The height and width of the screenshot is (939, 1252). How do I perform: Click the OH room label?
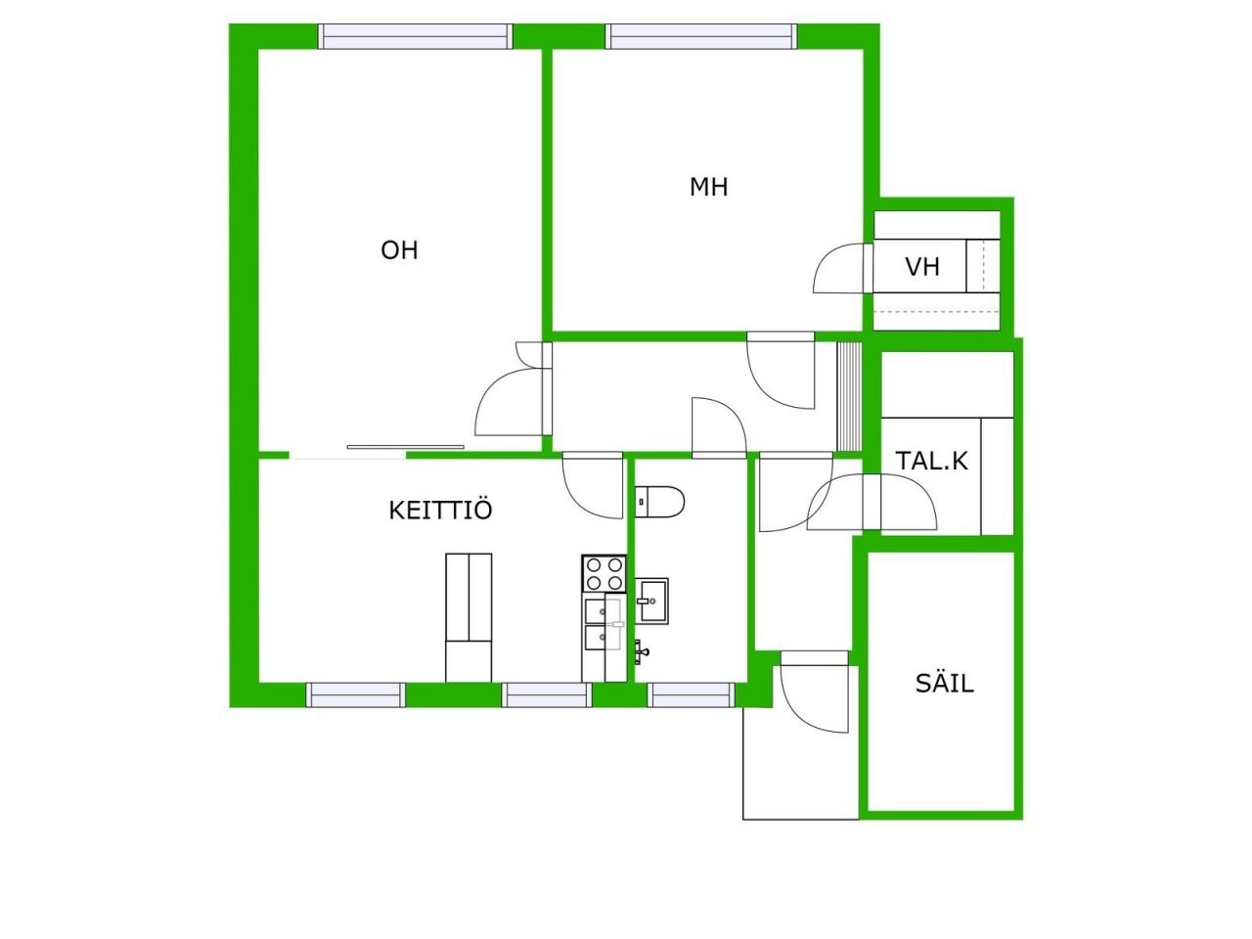(x=399, y=250)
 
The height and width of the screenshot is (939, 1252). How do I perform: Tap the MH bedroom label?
(x=708, y=187)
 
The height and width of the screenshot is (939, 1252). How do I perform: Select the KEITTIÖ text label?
(x=440, y=511)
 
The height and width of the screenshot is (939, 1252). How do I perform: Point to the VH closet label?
(x=922, y=267)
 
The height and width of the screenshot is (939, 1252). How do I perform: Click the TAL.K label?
(x=932, y=461)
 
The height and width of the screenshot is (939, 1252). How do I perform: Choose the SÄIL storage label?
(x=945, y=682)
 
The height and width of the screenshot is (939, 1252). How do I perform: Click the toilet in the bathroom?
(x=659, y=502)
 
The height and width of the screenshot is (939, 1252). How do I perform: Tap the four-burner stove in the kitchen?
(x=604, y=573)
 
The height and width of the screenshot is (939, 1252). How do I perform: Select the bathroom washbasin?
(x=652, y=601)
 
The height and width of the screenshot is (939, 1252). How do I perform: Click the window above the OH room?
(x=416, y=36)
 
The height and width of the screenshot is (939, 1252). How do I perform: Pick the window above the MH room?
(x=701, y=36)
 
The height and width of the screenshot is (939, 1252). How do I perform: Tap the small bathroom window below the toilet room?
(x=692, y=695)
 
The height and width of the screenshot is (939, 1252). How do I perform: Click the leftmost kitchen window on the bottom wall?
(x=356, y=695)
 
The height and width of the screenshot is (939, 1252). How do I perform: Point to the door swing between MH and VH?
(x=838, y=268)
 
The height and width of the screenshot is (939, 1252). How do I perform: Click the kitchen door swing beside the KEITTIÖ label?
(x=593, y=486)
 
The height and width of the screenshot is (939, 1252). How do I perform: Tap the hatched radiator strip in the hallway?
(x=848, y=396)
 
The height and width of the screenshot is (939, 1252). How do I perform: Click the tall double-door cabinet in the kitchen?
(x=469, y=617)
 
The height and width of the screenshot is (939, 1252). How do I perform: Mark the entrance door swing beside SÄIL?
(x=815, y=693)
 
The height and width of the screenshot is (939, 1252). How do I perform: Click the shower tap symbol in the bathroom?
(x=641, y=651)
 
